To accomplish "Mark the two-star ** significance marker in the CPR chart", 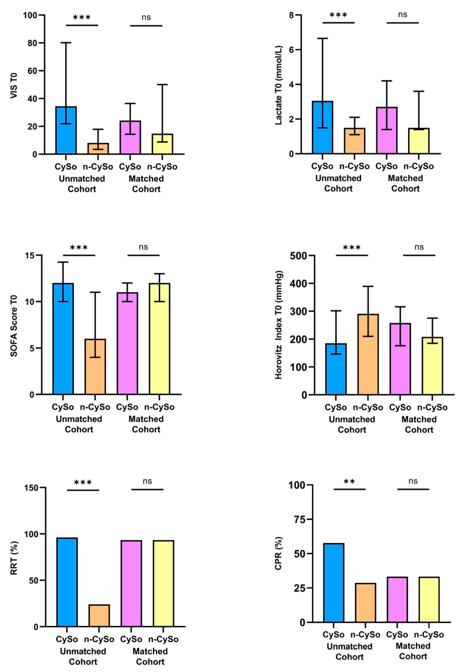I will coord(349,482).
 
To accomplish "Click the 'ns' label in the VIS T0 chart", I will coord(146,17).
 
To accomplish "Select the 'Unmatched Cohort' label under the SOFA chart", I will coord(79,424).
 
